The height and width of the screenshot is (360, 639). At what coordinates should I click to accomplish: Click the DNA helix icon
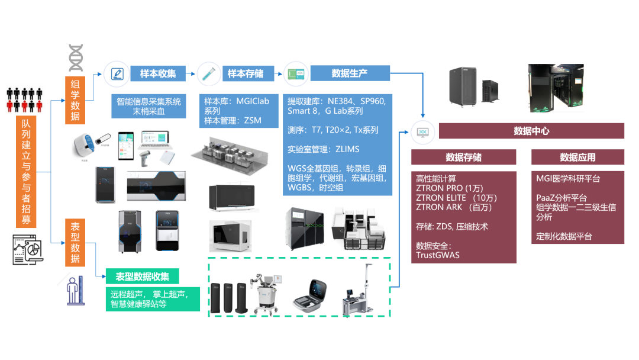(75, 57)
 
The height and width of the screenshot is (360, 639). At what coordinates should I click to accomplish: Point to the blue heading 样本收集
(157, 73)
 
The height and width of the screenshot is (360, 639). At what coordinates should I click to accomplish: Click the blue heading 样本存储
(245, 73)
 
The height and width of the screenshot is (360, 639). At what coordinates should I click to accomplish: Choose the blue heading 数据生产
(349, 73)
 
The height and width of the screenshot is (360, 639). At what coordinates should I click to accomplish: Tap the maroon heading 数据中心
(531, 131)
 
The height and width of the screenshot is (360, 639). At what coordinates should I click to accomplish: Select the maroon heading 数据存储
(463, 157)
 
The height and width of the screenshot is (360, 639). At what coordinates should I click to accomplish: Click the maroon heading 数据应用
(577, 157)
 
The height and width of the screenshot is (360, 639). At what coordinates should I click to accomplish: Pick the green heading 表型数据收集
(142, 277)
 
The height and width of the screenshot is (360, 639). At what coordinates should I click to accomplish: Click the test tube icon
(208, 74)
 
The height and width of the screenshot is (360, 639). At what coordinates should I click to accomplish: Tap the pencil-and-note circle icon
(117, 74)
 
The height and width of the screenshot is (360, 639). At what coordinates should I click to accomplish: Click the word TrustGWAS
(438, 255)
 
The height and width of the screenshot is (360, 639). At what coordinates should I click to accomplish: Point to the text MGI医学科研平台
(568, 178)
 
